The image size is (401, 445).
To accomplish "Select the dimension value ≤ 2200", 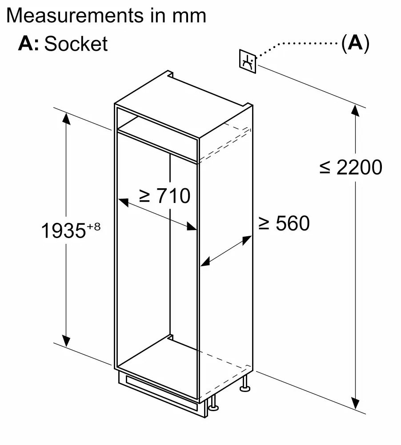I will click(x=351, y=167).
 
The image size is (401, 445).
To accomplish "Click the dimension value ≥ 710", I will click(x=164, y=195).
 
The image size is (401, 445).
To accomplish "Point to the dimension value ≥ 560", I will click(x=284, y=223).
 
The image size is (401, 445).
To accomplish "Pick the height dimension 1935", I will click(x=63, y=231).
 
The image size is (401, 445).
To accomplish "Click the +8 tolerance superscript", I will click(x=94, y=226).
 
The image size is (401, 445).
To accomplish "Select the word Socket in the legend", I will click(x=76, y=44).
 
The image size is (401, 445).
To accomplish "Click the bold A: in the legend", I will click(x=29, y=44).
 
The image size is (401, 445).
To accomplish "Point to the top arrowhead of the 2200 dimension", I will click(x=356, y=109).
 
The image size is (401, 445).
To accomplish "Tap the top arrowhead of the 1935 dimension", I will click(x=66, y=117).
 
